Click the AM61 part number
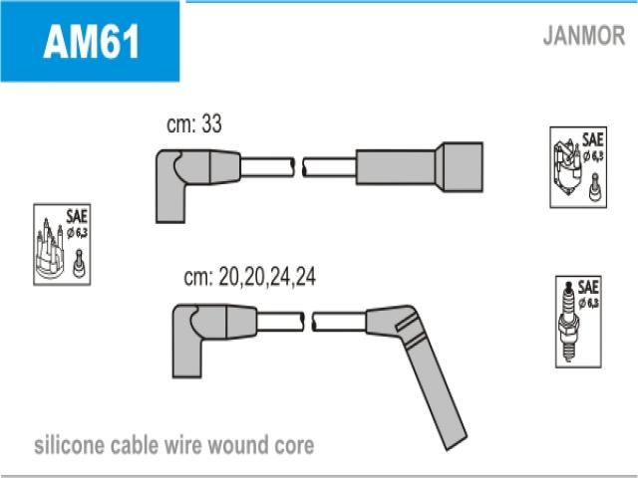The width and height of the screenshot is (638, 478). (x=91, y=43)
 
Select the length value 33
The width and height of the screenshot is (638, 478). (x=210, y=125)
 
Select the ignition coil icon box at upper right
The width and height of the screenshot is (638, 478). (x=578, y=167)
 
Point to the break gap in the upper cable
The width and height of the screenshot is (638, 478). (x=299, y=165)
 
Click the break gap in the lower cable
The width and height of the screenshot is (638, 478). (x=309, y=320)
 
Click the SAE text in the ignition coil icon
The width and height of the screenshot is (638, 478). (x=591, y=138)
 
